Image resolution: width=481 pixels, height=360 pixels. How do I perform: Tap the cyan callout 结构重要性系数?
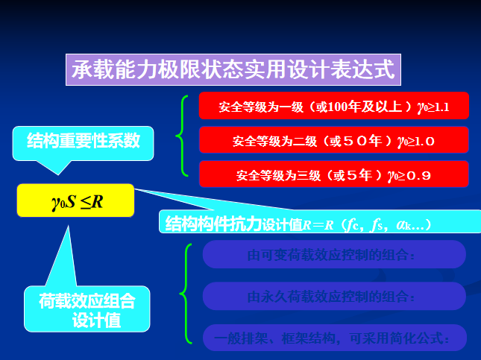coord(84,140)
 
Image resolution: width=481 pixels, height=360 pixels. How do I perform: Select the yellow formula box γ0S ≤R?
coord(76,200)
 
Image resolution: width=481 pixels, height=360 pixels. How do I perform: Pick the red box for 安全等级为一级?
coord(333,107)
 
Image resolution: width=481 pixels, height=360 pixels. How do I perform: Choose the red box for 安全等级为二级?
coord(333,140)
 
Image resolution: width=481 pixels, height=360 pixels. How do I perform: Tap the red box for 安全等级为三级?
coord(333,175)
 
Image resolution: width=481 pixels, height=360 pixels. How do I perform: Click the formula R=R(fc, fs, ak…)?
coord(373,223)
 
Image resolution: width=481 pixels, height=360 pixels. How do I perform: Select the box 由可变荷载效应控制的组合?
coord(333,255)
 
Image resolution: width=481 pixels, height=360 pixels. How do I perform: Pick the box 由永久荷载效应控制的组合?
coord(333,296)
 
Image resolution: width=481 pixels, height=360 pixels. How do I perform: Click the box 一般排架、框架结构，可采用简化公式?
coord(333,338)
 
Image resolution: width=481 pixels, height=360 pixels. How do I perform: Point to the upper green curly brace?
coord(181,135)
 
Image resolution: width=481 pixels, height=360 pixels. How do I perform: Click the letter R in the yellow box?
coord(97,200)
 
